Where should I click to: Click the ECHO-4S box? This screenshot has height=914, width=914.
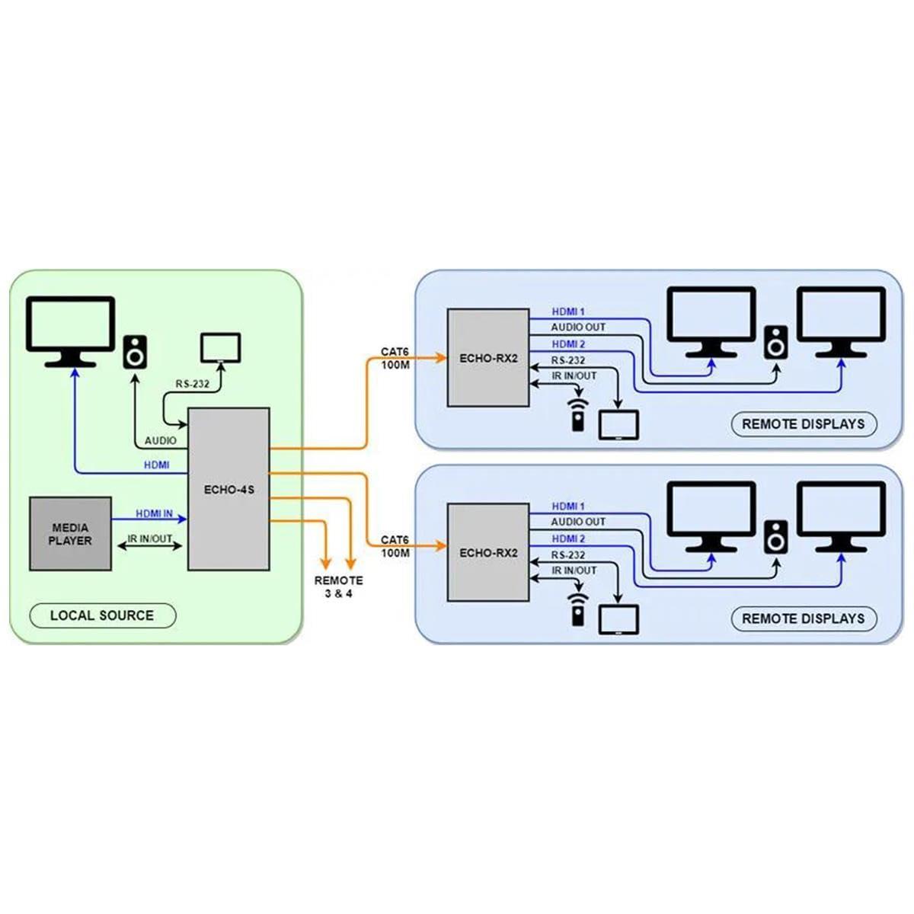[228, 489]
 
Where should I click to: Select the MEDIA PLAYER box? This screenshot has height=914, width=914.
[70, 534]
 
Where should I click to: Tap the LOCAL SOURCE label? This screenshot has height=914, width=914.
[102, 615]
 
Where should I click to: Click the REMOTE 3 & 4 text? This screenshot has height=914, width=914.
[338, 586]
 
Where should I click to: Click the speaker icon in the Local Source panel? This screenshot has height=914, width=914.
[136, 352]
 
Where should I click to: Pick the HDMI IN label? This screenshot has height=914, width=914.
[155, 514]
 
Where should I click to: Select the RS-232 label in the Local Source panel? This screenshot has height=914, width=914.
[192, 384]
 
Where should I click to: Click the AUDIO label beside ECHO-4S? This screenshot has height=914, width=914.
[160, 440]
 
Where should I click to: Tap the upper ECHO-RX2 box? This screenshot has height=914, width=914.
[487, 357]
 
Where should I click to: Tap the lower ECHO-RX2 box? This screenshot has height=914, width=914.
[487, 552]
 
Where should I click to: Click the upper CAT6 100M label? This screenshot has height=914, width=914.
[395, 358]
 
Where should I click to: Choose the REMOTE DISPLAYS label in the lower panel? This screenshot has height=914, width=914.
[804, 618]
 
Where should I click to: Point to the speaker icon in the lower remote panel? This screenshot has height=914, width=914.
[776, 536]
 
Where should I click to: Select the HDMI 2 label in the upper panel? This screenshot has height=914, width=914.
[568, 344]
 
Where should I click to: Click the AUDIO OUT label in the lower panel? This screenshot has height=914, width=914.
[578, 522]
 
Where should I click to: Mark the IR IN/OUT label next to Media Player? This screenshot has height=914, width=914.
[150, 539]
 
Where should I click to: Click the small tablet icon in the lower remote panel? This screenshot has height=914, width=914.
[618, 620]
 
